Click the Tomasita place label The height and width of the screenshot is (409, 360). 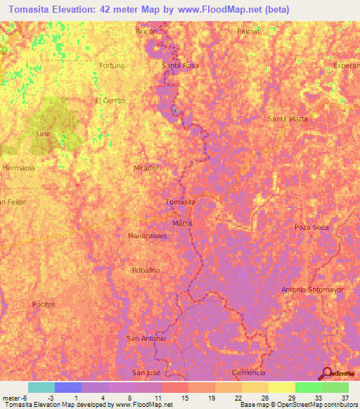coord(180,202)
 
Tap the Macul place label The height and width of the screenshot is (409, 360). coord(182,223)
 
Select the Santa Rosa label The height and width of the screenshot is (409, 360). coord(181,65)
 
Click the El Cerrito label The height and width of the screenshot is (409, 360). coord(110,100)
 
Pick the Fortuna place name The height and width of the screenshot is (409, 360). coord(112,65)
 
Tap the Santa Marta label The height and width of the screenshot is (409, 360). coord(288,119)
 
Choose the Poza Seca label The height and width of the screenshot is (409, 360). coord(311,228)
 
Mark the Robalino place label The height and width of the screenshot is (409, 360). coord(146,270)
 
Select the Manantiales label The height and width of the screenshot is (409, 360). coord(147,236)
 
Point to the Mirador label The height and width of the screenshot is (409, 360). coord(146,169)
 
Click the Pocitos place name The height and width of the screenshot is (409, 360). coord(44,304)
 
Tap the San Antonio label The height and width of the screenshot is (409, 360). coord(146,338)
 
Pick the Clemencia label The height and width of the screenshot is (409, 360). coord(248,372)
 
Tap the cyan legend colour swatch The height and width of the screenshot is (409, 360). coord(41,387)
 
